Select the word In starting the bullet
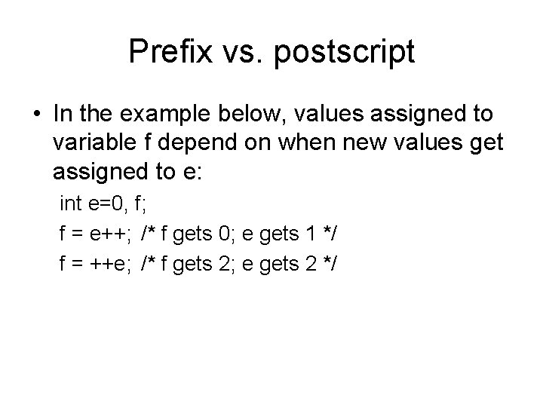point(63,115)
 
